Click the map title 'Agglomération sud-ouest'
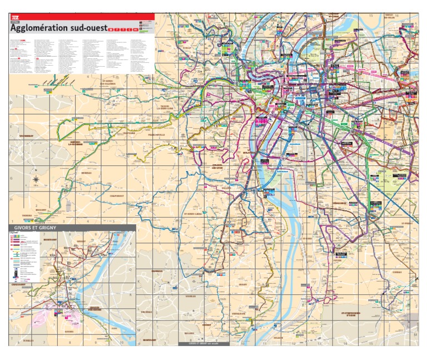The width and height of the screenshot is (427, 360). tap(58, 28)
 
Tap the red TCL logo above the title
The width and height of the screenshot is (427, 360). tap(16, 18)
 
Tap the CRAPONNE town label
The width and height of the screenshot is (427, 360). tap(129, 133)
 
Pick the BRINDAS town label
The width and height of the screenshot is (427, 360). tap(86, 172)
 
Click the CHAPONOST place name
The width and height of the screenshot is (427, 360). tap(117, 195)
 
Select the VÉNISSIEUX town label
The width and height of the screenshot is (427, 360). tap(340, 203)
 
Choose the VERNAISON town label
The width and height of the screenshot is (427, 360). tap(239, 313)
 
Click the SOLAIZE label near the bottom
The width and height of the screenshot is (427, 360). tap(278, 337)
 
